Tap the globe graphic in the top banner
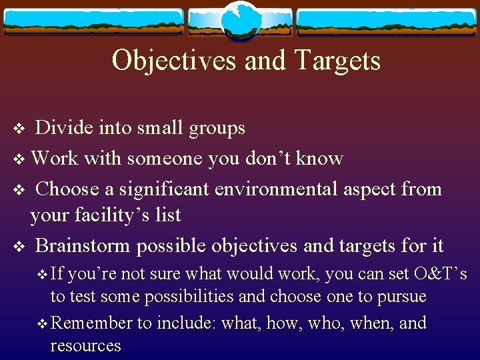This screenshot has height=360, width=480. pos(239,19)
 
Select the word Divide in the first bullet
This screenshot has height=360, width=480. pos(63,128)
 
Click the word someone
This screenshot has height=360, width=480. pos(165,159)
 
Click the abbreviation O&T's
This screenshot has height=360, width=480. pos(440,274)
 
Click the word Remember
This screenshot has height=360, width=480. pos(92,323)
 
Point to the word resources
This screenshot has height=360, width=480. pos(86,345)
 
